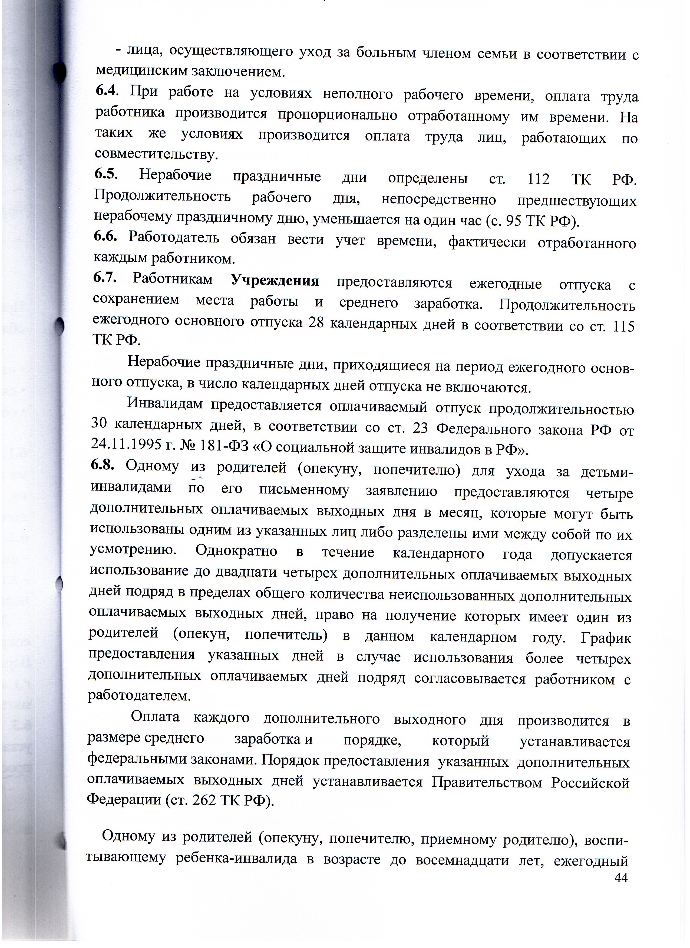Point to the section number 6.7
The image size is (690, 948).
tap(105, 277)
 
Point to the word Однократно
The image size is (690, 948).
tap(236, 552)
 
